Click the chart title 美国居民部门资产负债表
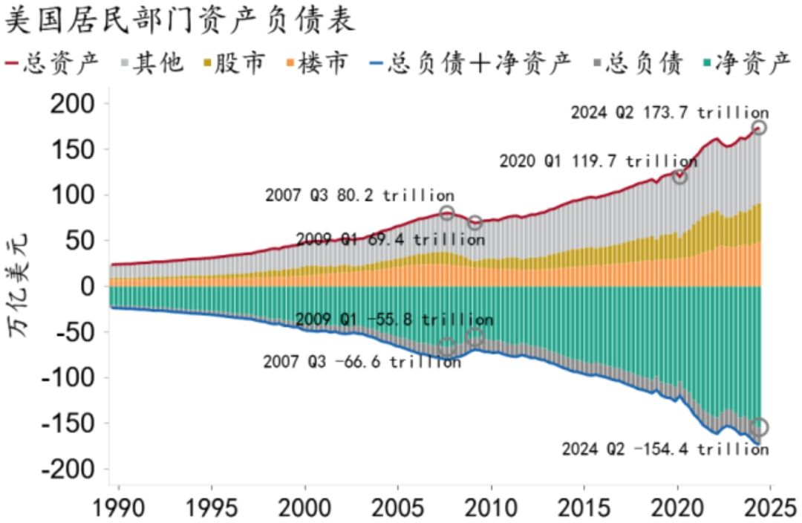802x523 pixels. point(180,21)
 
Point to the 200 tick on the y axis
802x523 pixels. point(73,104)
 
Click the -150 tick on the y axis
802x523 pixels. point(68,423)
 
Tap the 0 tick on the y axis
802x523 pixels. point(88,287)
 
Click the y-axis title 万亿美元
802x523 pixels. point(22,287)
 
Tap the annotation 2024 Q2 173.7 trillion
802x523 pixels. point(669,113)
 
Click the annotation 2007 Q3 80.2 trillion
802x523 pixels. point(359,195)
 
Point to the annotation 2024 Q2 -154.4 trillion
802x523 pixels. point(665,449)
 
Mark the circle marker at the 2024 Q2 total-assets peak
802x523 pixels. point(759,128)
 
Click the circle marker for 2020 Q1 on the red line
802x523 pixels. point(679,177)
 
